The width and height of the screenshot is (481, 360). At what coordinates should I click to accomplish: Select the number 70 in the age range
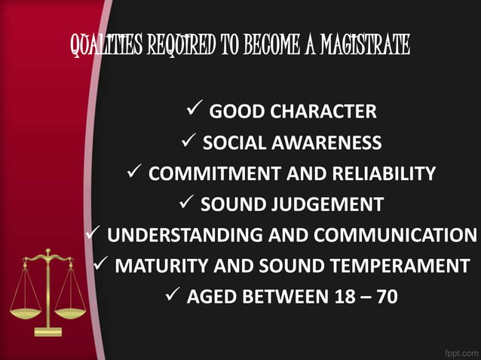pyautogui.click(x=386, y=297)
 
